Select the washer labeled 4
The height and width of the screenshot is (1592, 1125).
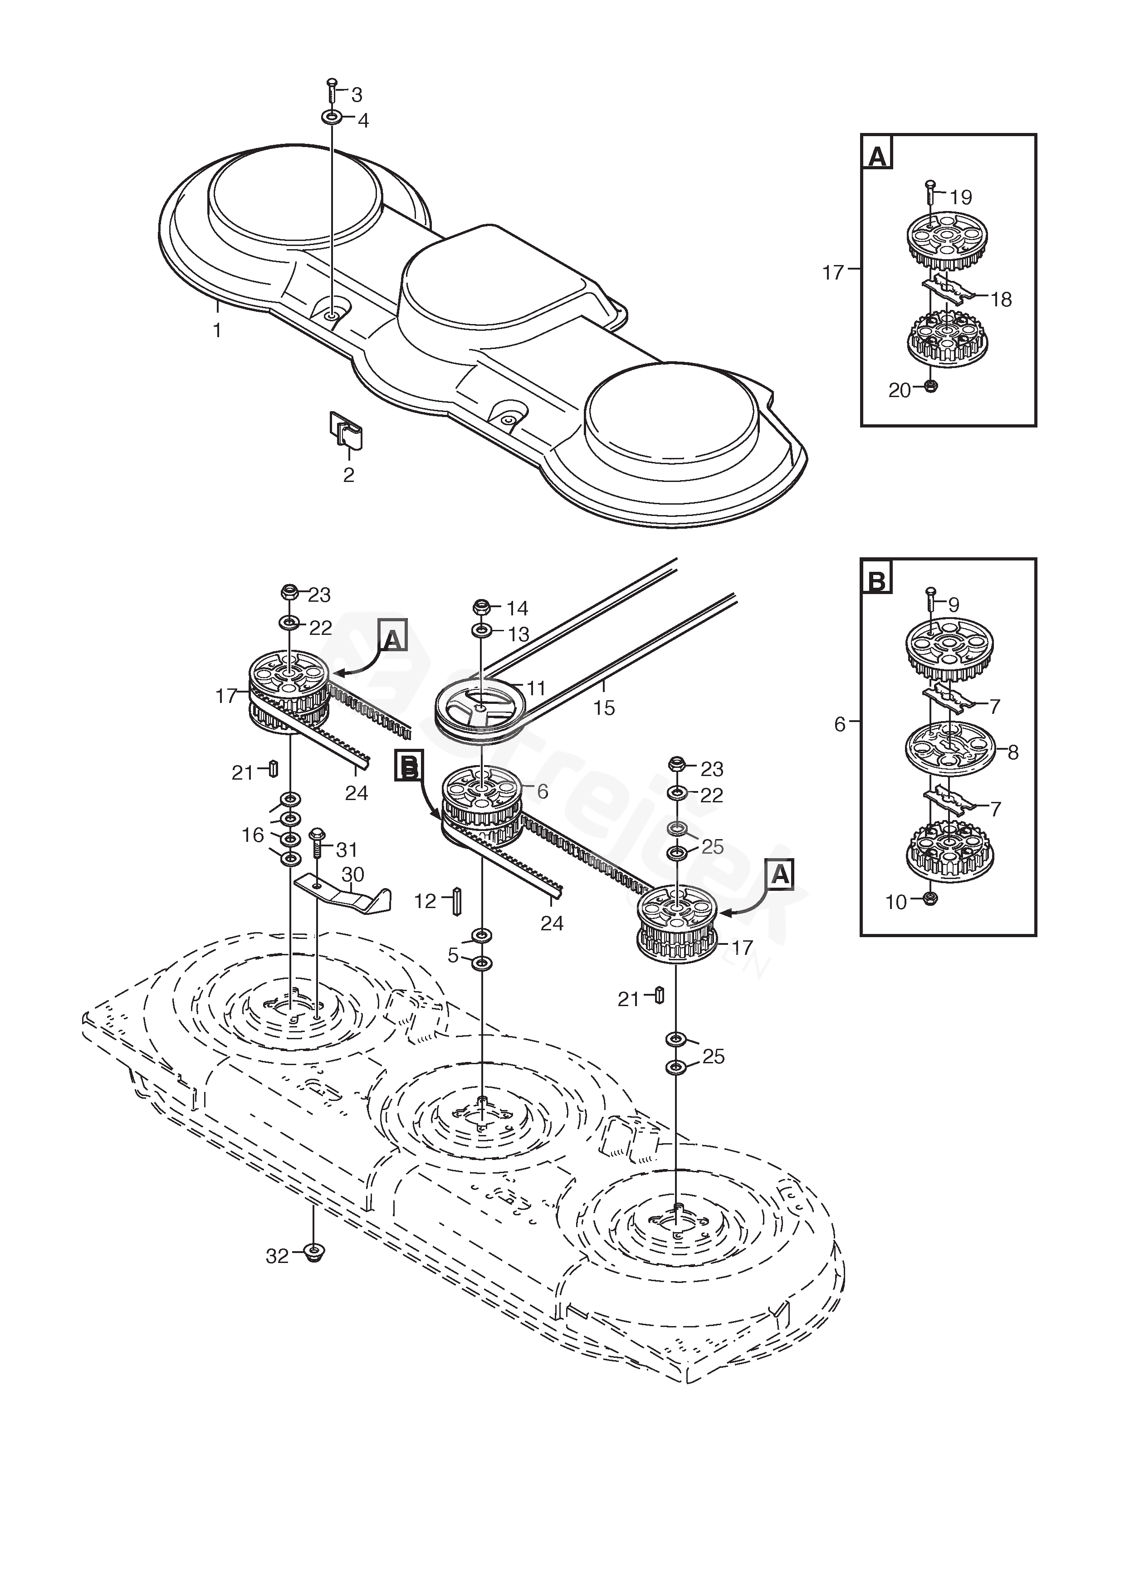point(331,117)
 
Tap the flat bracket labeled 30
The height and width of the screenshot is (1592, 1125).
point(343,895)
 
